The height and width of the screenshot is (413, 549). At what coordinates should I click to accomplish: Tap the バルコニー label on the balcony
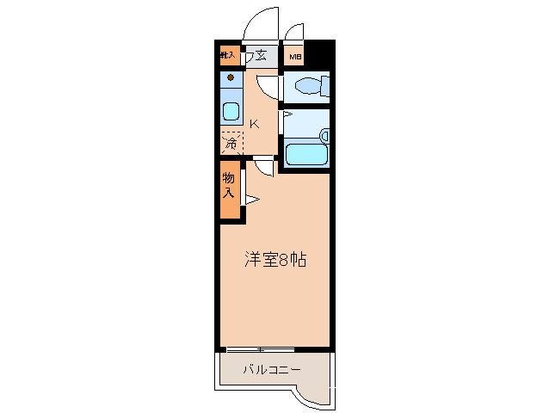click(x=270, y=370)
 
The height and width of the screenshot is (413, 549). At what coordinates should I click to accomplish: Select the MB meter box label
click(x=294, y=58)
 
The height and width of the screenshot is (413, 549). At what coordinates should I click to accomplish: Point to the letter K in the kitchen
click(x=254, y=123)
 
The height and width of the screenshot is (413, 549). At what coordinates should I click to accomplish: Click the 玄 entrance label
click(x=260, y=57)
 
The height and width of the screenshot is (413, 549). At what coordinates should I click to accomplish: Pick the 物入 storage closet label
click(x=229, y=186)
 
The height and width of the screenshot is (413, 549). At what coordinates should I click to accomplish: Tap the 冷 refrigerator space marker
click(x=231, y=143)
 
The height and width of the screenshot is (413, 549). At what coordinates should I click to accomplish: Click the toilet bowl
click(x=307, y=86)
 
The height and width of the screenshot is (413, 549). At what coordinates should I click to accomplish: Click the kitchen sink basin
click(x=231, y=111)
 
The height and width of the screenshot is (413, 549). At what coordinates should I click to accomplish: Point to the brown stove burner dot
click(x=231, y=78)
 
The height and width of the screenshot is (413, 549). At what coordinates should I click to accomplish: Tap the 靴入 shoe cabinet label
click(x=228, y=56)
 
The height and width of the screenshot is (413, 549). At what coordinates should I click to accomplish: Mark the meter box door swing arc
click(x=295, y=32)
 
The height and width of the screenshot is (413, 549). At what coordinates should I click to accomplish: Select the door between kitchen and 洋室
click(x=264, y=165)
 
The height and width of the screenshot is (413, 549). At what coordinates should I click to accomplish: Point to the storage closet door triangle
click(x=251, y=200)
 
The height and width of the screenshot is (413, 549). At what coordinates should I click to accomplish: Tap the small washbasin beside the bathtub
click(x=324, y=136)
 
